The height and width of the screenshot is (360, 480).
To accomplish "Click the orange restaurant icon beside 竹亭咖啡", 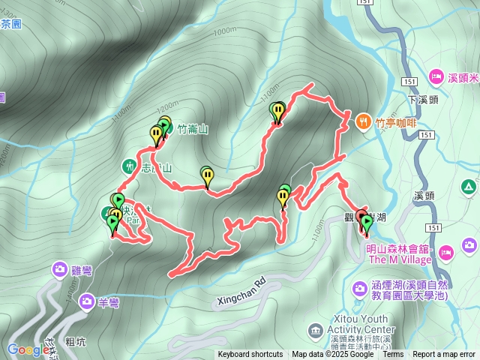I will click(364, 120).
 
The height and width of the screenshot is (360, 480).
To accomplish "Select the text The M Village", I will click(400, 260).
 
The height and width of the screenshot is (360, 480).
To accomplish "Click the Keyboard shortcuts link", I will click(250, 355).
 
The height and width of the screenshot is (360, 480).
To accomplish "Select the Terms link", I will click(393, 355).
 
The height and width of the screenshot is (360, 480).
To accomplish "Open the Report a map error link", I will click(444, 355).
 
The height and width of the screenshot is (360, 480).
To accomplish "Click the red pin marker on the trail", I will click(361, 218).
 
